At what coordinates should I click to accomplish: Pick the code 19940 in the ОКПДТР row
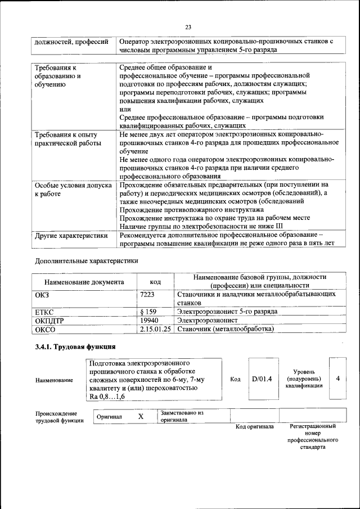148,320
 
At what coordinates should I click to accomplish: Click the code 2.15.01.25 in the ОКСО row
155,329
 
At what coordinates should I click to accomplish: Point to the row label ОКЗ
42,294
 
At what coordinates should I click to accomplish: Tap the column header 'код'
155,282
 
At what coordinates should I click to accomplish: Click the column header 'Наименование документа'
84,282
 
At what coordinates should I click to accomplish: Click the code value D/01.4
262,379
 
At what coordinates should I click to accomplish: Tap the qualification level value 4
337,379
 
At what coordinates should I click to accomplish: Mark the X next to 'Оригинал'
141,416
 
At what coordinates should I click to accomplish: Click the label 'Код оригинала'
254,426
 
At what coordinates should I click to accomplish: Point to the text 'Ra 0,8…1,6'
107,397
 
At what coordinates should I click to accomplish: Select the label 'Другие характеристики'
71,236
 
